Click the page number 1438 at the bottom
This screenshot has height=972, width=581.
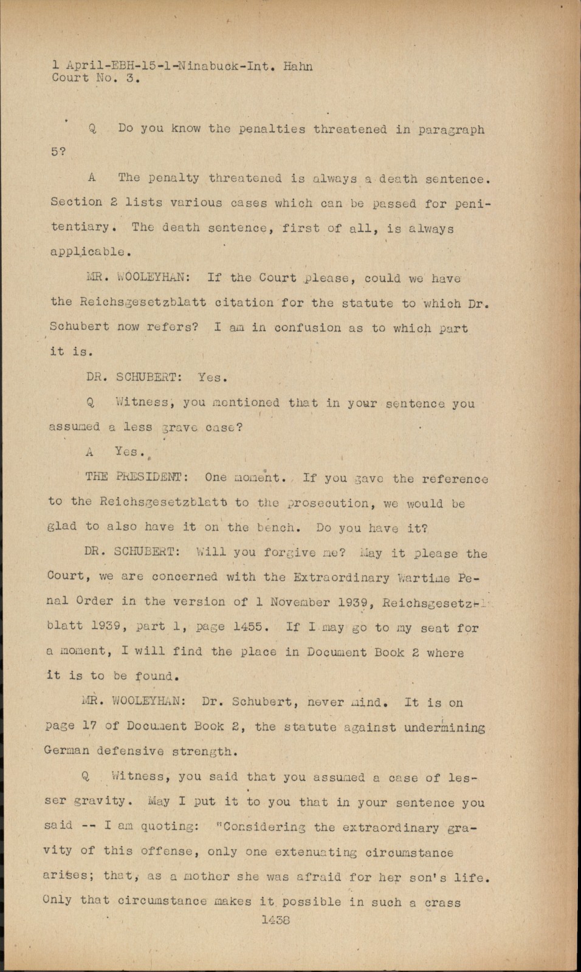pyautogui.click(x=275, y=920)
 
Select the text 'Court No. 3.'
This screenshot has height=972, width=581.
pyautogui.click(x=96, y=78)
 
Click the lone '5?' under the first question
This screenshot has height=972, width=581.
pyautogui.click(x=58, y=152)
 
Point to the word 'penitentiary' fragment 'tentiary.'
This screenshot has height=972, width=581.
pyautogui.click(x=80, y=227)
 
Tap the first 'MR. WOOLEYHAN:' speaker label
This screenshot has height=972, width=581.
pyautogui.click(x=138, y=278)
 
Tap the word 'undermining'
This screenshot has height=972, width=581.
pyautogui.click(x=445, y=727)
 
